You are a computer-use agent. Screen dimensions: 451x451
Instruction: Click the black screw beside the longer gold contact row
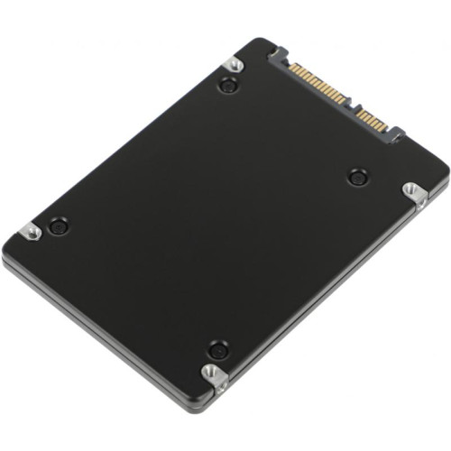[227, 87]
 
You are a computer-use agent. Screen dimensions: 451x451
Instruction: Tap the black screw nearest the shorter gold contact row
[356, 176]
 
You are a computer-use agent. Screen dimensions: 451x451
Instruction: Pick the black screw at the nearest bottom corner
[216, 348]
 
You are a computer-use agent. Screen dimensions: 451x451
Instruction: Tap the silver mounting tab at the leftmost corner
[32, 232]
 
